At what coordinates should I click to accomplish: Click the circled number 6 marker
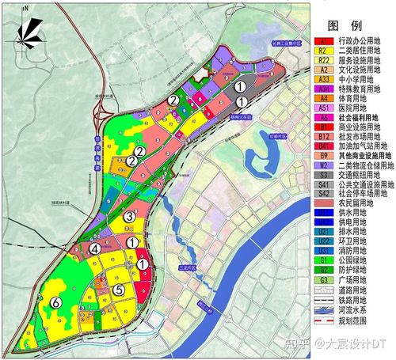click(55, 302)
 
